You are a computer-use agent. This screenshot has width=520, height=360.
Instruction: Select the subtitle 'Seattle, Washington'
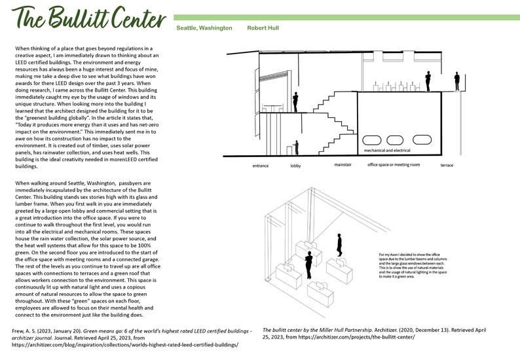point(204,29)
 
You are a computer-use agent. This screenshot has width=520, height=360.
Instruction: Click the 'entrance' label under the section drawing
point(261,166)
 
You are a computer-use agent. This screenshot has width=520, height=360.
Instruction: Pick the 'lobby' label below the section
point(295,166)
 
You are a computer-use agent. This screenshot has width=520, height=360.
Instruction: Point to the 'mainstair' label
point(343,165)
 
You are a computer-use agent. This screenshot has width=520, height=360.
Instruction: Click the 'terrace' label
point(447,166)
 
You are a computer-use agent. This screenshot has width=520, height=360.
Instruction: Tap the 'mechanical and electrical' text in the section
point(387,131)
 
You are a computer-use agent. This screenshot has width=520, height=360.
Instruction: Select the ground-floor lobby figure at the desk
point(296,147)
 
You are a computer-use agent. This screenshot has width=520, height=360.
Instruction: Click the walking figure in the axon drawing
point(339,244)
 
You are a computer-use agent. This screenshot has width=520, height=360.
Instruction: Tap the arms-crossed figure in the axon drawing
point(308,263)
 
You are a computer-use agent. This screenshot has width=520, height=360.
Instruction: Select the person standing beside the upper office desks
point(296,101)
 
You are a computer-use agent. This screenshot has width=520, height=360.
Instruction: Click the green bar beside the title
point(344,16)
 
